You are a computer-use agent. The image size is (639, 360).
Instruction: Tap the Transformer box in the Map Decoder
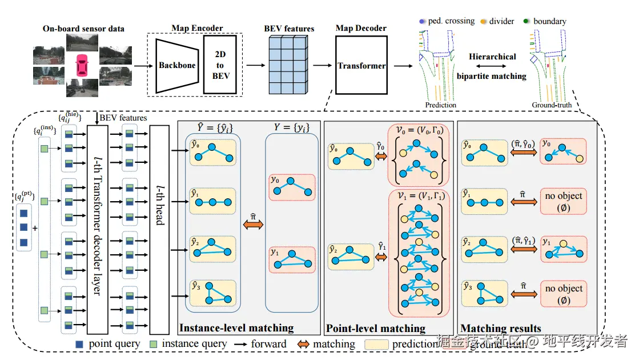point(361,66)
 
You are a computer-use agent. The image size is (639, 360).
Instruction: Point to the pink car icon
point(82,65)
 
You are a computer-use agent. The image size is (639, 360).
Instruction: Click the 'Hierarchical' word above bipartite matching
point(492,57)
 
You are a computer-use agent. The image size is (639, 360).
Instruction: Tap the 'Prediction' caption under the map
point(440,105)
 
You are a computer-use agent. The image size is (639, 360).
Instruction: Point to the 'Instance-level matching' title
point(236,328)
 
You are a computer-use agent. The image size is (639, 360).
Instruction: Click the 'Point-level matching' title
point(375,329)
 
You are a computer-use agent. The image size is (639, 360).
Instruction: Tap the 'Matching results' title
point(500,329)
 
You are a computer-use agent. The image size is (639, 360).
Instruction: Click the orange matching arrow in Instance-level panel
point(253,226)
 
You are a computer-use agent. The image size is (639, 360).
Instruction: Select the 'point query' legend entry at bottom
point(108,344)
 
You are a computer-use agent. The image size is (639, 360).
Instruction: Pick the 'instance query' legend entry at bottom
point(188,344)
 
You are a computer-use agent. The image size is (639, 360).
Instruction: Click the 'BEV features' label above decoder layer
point(123,118)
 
